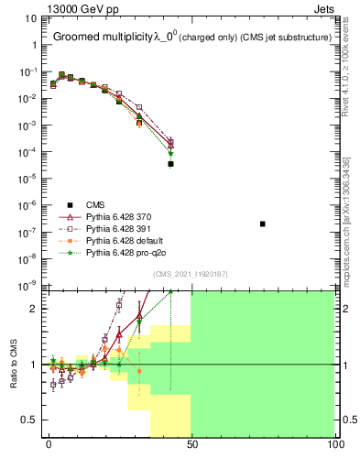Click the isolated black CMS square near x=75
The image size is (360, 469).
click(263, 224)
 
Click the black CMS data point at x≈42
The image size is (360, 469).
click(170, 164)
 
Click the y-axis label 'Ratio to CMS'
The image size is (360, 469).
click(13, 365)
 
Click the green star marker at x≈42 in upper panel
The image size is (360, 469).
click(170, 153)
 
